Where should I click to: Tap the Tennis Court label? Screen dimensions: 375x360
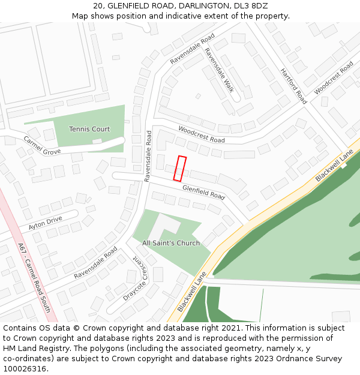(x=89, y=129)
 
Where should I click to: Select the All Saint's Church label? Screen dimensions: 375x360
(x=171, y=243)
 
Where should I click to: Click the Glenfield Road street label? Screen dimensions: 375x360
(x=203, y=193)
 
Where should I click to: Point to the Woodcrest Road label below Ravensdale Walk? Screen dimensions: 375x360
(x=201, y=134)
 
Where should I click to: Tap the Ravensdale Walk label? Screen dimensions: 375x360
(x=219, y=70)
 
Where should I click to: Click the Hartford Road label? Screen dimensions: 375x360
(x=293, y=86)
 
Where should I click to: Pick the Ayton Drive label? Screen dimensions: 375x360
(x=45, y=224)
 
